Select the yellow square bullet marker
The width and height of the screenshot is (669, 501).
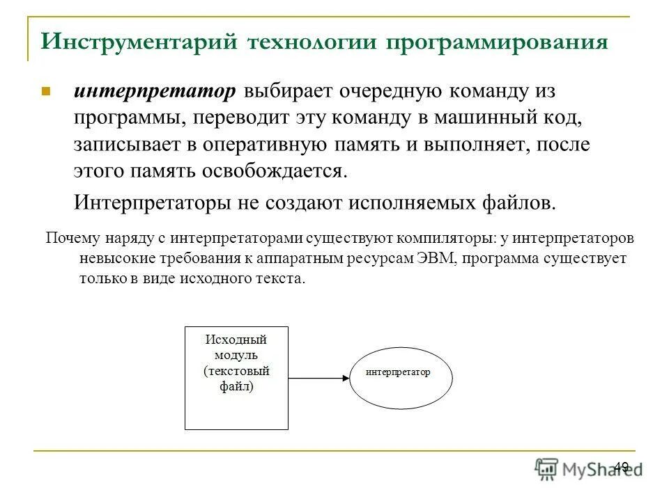click(47, 91)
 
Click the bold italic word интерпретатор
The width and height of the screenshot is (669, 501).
click(156, 92)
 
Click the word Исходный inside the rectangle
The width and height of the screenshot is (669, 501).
click(236, 340)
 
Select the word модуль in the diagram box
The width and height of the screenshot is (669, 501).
click(236, 355)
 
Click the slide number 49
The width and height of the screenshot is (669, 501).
click(622, 467)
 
